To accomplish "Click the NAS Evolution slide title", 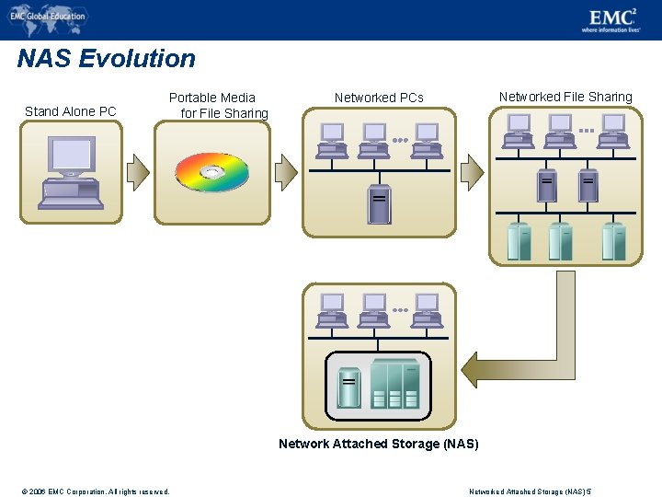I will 106,59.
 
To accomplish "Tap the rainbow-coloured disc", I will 211,172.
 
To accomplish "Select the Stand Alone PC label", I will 71,111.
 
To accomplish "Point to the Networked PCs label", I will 379,98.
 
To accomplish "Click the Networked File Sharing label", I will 565,97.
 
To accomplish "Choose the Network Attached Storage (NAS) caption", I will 379,444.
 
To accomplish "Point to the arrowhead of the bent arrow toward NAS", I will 471,368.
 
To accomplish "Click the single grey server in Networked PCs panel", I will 378,204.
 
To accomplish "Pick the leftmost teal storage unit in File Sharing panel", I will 519,241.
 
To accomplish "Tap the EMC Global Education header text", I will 51,16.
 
